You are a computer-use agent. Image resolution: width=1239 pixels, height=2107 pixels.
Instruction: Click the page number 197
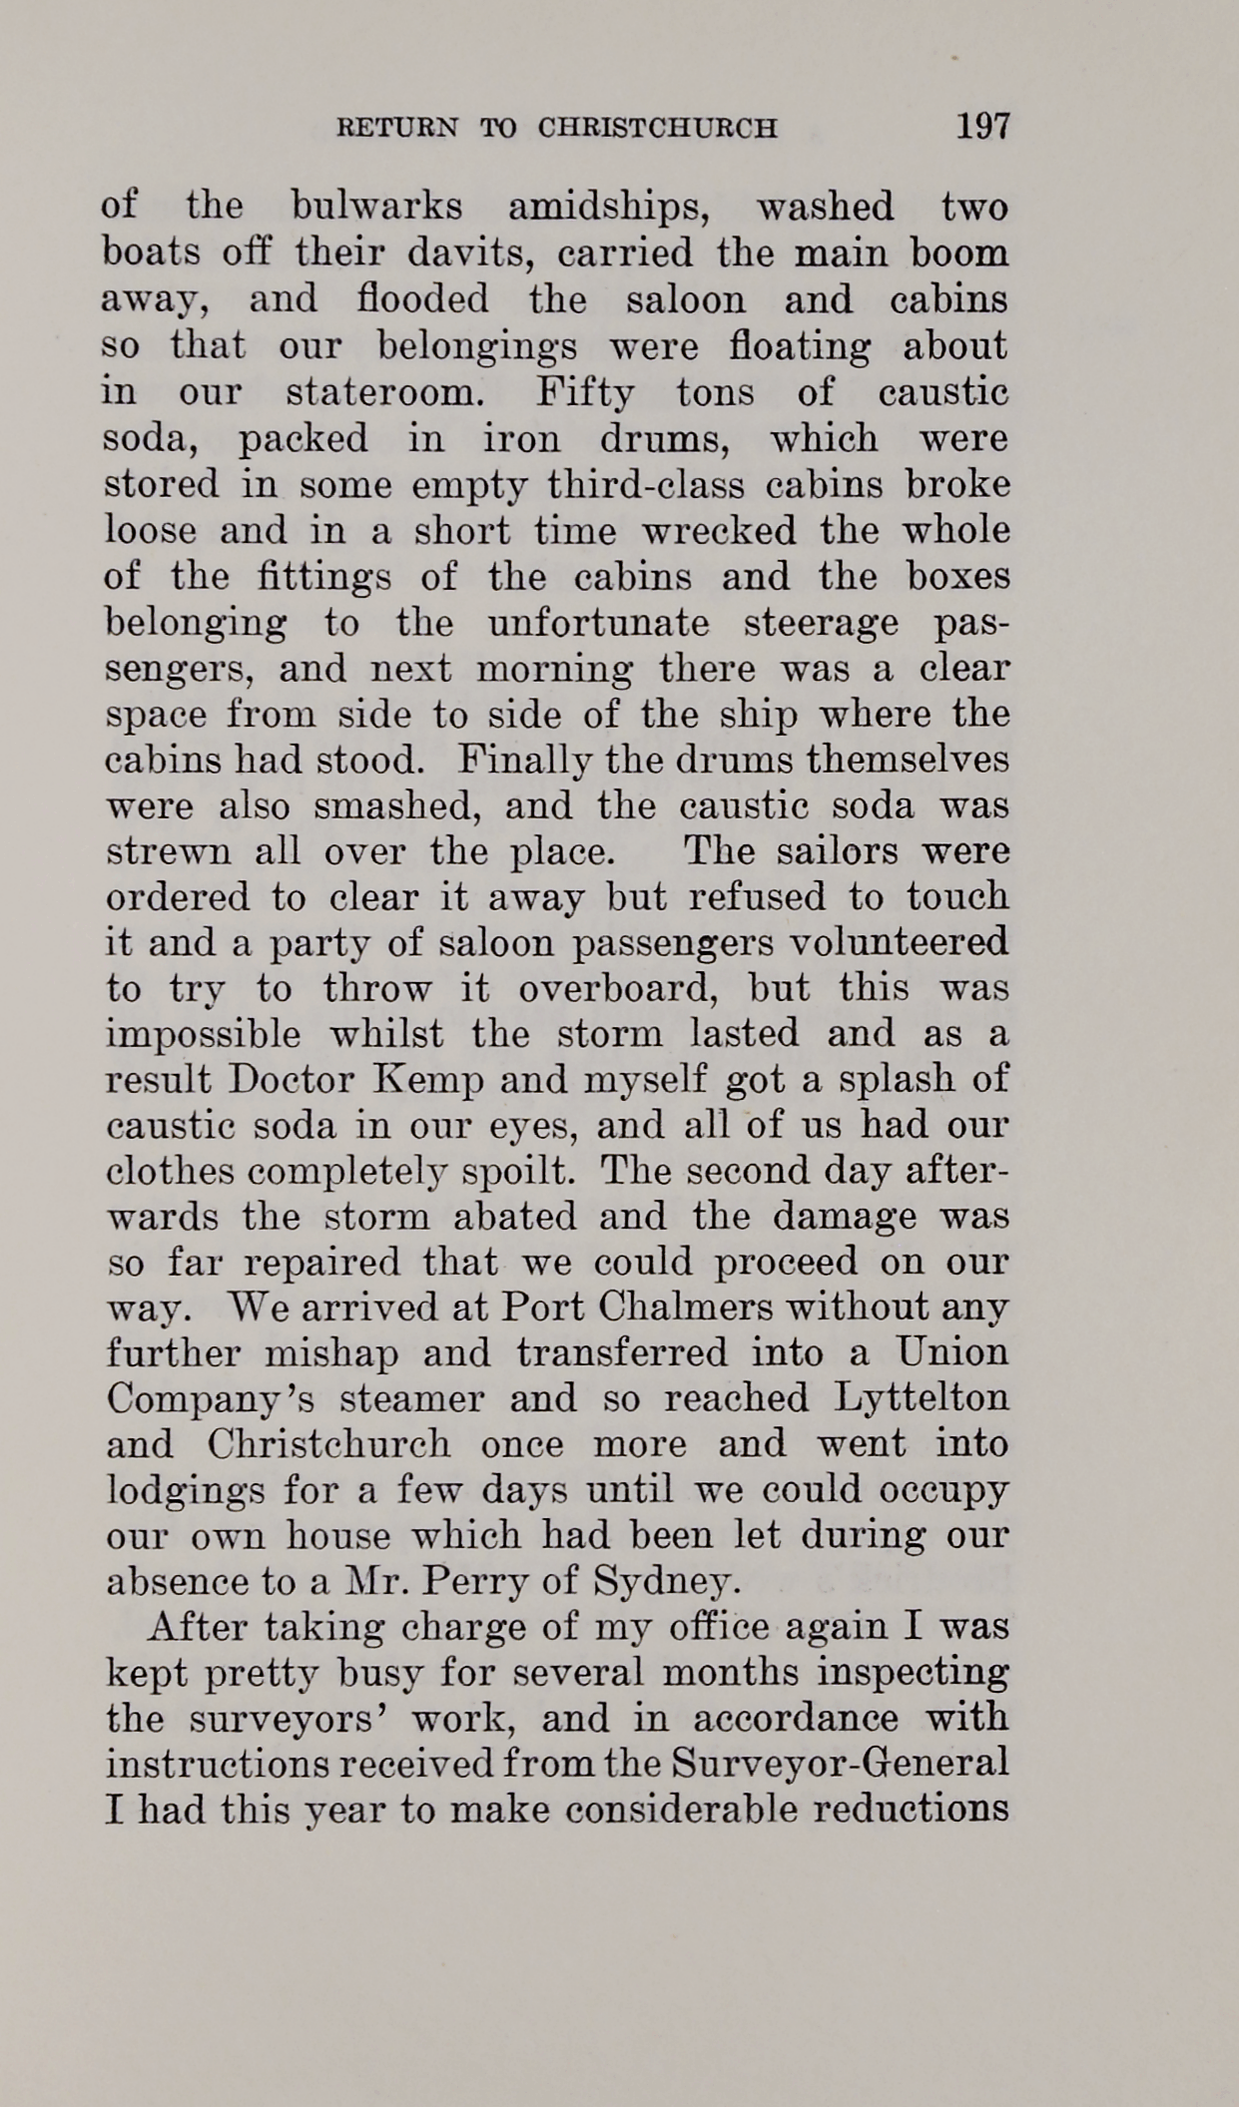[982, 127]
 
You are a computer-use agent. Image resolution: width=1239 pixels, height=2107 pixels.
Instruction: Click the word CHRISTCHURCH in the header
[657, 129]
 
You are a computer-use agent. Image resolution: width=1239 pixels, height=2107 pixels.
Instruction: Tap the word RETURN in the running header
[398, 129]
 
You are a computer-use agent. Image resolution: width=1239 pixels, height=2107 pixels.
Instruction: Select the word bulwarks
[376, 207]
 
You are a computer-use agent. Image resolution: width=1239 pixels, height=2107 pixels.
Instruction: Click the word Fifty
[585, 392]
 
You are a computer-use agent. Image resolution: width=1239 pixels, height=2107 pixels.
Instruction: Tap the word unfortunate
[598, 624]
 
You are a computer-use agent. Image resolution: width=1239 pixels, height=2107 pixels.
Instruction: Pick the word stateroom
[385, 392]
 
